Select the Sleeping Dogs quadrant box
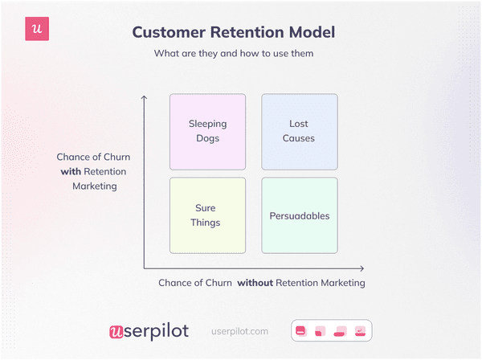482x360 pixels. tap(207, 131)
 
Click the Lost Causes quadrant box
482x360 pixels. tap(300, 131)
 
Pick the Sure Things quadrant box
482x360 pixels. tap(207, 215)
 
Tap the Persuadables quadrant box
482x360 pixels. tap(300, 215)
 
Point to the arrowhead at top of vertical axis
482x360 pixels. tap(144, 98)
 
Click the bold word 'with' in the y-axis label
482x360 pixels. tap(72, 172)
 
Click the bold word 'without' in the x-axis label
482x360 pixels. tap(255, 283)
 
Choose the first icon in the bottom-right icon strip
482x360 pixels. tap(301, 330)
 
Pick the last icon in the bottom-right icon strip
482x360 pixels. tap(361, 330)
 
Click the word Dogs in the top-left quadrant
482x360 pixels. tap(207, 138)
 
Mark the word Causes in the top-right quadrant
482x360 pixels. tap(300, 138)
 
